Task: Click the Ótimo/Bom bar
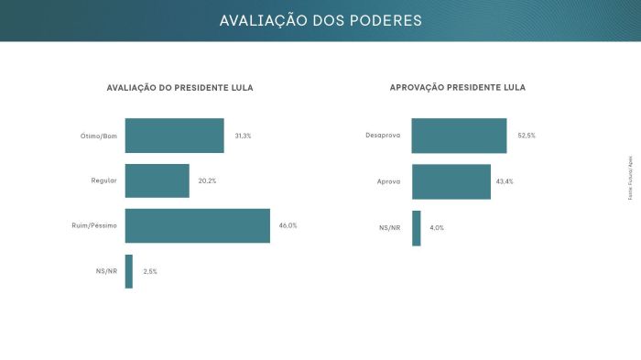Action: click(x=174, y=136)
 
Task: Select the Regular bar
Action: click(x=157, y=180)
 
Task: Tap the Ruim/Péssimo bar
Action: click(x=197, y=225)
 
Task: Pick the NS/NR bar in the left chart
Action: click(x=129, y=271)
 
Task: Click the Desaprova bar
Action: click(x=459, y=136)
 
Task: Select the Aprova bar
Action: click(x=451, y=181)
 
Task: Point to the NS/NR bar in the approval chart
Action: click(x=417, y=227)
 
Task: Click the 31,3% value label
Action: click(x=243, y=136)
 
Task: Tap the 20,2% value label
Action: click(x=208, y=181)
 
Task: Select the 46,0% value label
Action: click(x=288, y=225)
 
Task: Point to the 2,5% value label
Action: click(x=150, y=271)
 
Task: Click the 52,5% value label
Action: click(x=526, y=136)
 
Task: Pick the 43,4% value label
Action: click(x=504, y=181)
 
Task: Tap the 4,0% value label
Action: click(x=437, y=227)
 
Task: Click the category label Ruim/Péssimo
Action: click(x=94, y=225)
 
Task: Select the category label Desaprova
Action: click(x=383, y=136)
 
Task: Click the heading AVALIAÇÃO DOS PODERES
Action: click(x=320, y=20)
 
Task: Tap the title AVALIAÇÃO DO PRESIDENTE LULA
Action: click(x=180, y=88)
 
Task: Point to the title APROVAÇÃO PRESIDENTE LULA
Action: click(x=458, y=88)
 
